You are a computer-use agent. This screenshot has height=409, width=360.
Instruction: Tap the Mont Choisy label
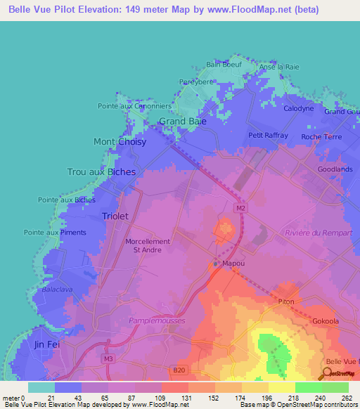(x=120, y=141)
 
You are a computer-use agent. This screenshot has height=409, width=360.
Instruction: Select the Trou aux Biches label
(x=101, y=171)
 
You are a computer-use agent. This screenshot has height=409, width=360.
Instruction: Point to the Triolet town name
(x=115, y=216)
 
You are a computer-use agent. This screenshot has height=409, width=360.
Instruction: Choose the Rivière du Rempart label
(x=314, y=233)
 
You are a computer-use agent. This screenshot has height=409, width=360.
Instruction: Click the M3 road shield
(x=108, y=359)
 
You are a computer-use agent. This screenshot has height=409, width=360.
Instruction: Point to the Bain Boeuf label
(x=224, y=64)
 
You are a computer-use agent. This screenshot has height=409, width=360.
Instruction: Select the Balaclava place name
(x=57, y=288)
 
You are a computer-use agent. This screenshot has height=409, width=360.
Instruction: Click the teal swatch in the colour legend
(x=41, y=387)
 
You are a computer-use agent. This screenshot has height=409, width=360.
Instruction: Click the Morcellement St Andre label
(x=148, y=246)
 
